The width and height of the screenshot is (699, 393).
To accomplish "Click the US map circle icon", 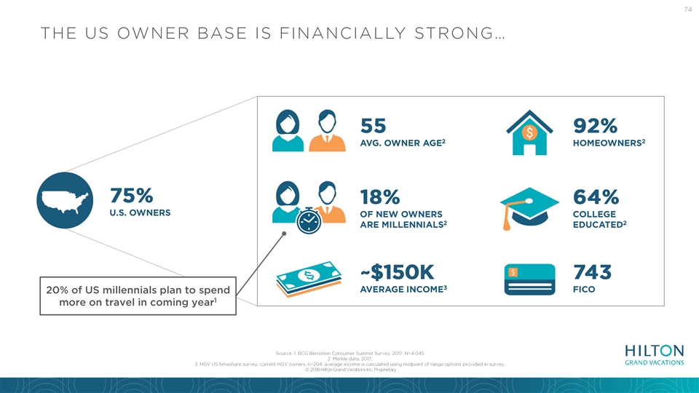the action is tap(65, 201).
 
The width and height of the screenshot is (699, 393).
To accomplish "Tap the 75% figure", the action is tap(132, 196).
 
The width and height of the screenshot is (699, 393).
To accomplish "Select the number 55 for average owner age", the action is tap(373, 126).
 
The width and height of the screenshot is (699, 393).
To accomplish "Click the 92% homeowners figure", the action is tap(595, 126).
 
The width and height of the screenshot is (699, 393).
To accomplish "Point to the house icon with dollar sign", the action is tap(529, 132).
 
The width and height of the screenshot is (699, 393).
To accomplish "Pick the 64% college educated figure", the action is tap(596, 196).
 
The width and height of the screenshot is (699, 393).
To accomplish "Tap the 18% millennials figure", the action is tap(380, 196).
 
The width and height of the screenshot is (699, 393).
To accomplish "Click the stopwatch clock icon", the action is tap(309, 221).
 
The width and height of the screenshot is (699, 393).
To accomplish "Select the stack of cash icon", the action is tap(309, 279).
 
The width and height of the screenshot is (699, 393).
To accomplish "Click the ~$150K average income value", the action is tap(397, 271).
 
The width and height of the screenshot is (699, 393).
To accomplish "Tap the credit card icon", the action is tap(529, 279).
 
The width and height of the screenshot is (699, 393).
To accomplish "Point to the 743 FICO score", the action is tap(592, 271).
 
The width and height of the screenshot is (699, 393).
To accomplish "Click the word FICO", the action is tap(584, 290).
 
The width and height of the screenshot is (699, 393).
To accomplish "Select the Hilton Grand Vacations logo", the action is tap(655, 355).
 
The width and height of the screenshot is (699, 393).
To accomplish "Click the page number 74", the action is tap(687, 9).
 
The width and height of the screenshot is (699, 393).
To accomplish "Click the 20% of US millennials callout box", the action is tap(138, 296).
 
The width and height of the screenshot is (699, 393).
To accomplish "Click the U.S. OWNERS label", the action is tap(140, 213).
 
